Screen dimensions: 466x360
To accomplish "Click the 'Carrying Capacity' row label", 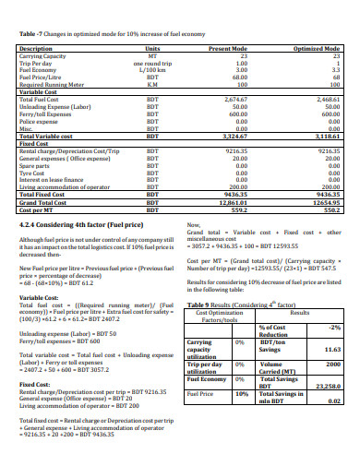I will (x=43, y=54).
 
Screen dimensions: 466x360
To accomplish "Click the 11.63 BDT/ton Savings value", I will (x=331, y=350).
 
